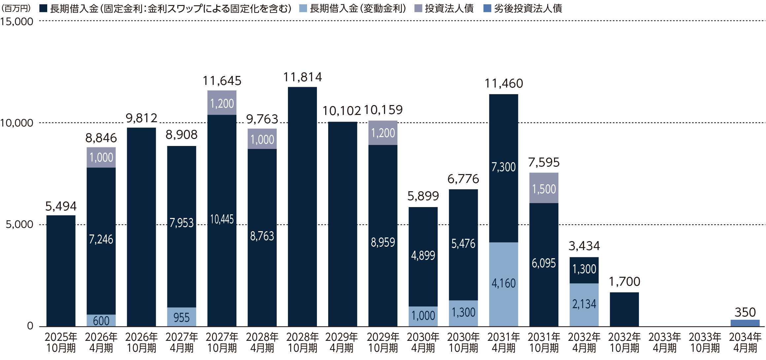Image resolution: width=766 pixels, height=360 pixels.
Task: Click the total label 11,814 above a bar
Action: point(302,77)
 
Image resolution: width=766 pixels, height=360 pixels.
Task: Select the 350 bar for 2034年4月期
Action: point(745,323)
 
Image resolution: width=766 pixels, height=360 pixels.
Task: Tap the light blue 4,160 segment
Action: point(504,284)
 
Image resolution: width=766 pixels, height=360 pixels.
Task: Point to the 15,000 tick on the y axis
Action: point(17,22)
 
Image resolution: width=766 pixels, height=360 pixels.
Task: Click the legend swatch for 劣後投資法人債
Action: point(487,8)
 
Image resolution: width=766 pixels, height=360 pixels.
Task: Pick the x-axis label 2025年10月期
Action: point(61,342)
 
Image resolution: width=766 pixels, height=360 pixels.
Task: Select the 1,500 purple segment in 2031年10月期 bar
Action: point(544,188)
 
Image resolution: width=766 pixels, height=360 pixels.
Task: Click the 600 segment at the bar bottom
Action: point(101,321)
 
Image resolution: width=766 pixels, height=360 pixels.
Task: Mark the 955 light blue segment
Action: point(182,317)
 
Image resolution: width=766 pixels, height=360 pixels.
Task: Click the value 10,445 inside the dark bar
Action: point(222,219)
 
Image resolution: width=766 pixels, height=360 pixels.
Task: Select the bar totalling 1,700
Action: point(624,309)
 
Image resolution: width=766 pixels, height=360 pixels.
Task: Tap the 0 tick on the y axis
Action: point(30,326)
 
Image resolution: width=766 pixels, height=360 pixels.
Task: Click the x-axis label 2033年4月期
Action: point(665,342)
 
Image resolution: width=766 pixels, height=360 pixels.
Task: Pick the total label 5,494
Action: point(61,206)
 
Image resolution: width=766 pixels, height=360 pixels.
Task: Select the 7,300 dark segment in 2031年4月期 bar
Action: point(504,167)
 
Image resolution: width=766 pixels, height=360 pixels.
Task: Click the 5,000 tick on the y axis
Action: point(19,225)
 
